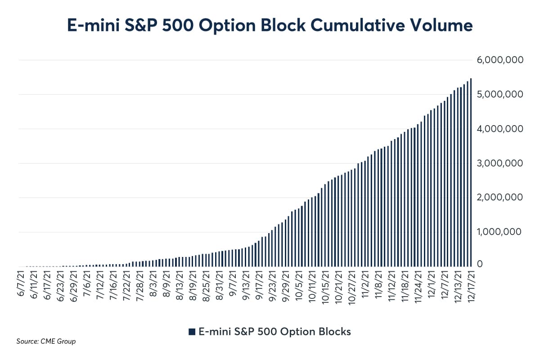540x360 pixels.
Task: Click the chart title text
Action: coord(270,26)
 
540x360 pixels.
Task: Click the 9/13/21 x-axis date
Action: coord(245,284)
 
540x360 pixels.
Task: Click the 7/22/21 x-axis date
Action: coord(127,284)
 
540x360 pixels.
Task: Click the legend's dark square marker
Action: coord(192,332)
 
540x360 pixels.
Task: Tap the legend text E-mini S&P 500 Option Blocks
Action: coord(274,332)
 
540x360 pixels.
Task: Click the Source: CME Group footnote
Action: coord(46,342)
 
